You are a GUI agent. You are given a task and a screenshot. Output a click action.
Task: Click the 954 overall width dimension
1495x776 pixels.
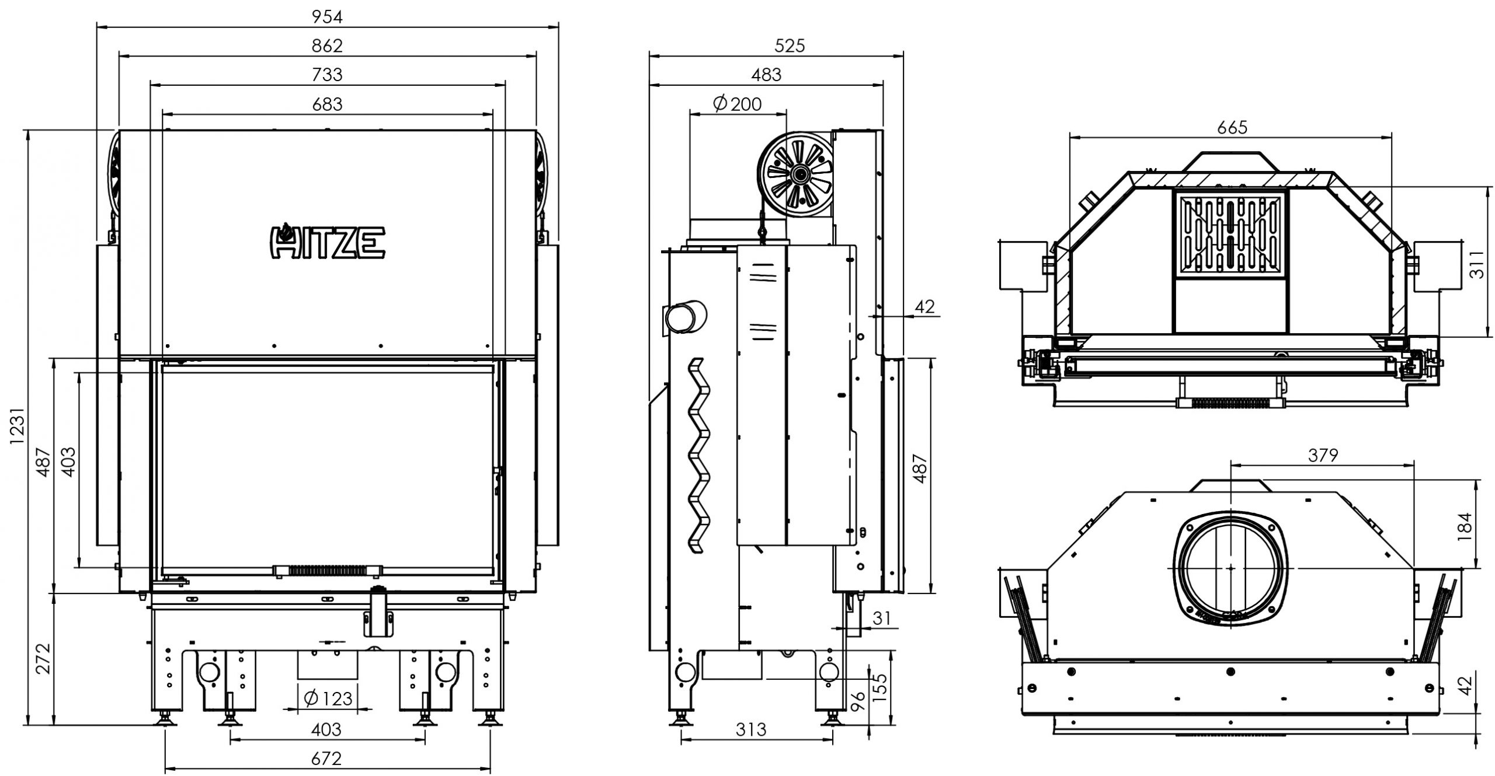pos(326,17)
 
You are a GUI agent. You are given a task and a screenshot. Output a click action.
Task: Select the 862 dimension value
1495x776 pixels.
pos(326,46)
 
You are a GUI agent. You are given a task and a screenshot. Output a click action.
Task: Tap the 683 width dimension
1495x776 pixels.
pos(326,104)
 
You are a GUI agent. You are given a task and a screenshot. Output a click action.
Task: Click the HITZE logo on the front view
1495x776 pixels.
pos(327,241)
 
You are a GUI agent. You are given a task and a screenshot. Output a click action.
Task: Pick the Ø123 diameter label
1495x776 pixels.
pos(328,698)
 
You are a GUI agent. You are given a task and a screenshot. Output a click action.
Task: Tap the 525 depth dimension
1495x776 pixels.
pos(789,46)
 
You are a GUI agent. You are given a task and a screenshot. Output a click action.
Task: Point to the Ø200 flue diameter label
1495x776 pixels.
pos(738,104)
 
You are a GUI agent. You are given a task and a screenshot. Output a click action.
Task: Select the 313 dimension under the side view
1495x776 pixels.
pos(750,729)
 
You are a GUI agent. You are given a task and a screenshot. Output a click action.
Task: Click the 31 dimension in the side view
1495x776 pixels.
pos(882,618)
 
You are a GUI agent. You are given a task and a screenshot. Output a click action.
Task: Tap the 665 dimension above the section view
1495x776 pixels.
pos(1232,127)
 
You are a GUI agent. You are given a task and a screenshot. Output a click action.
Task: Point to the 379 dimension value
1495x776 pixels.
pos(1323,455)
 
